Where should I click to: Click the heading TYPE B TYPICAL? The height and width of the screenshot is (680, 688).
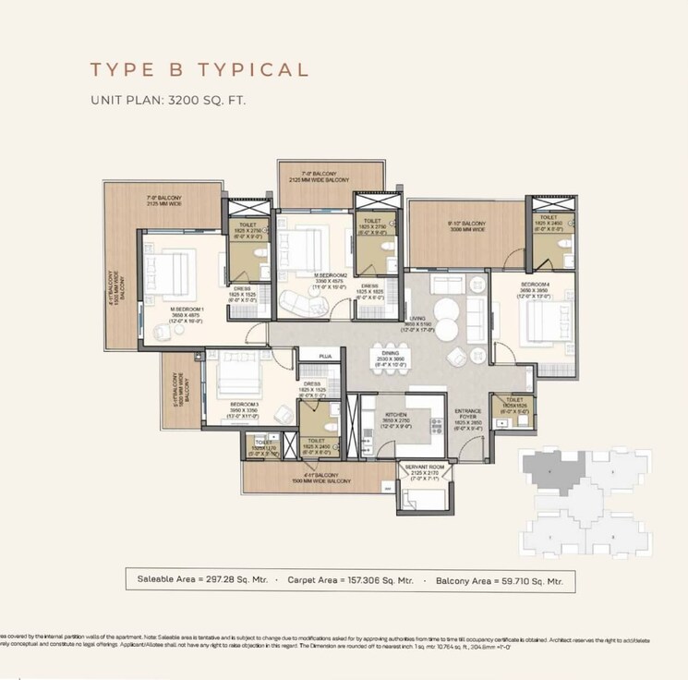pyautogui.click(x=198, y=70)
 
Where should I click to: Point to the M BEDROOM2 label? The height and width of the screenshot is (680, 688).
pyautogui.click(x=330, y=275)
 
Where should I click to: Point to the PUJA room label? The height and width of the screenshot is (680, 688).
pyautogui.click(x=325, y=356)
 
